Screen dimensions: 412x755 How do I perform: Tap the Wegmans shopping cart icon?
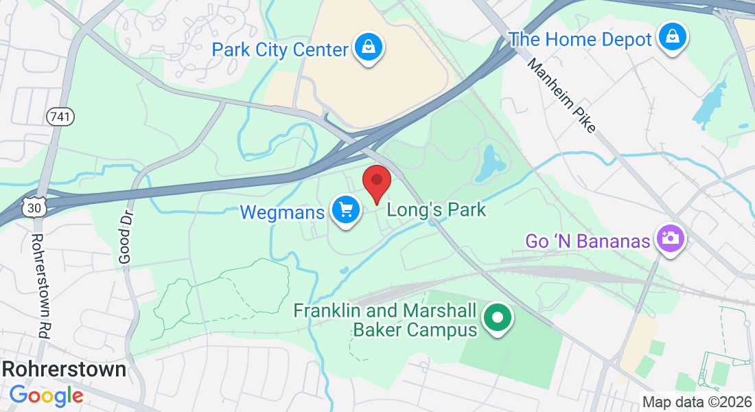347,209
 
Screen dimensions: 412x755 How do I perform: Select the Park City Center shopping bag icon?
369,47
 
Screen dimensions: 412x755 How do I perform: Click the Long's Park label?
437,209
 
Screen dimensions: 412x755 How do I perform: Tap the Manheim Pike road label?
561,95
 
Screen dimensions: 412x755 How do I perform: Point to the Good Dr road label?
124,237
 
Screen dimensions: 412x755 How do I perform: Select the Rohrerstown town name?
64,369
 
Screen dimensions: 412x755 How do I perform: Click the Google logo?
46,395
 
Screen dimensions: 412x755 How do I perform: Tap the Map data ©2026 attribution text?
697,402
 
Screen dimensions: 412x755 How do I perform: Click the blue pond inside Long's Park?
492,162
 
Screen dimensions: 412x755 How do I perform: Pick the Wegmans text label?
282,212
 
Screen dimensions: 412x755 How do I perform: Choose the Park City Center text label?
281,49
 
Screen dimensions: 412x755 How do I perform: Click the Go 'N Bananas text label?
588,241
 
